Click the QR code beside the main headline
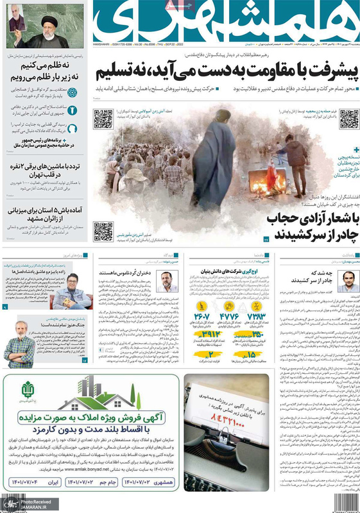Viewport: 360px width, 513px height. [x=349, y=118]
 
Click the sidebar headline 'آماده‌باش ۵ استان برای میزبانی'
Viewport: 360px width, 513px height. [x=44, y=211]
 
